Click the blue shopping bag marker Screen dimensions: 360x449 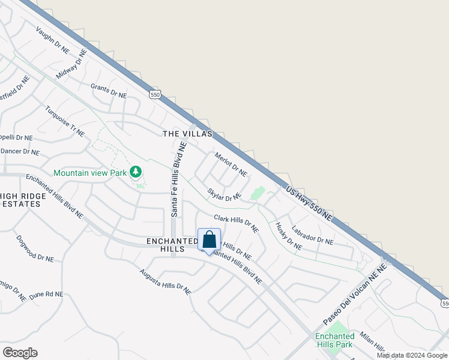[209, 241]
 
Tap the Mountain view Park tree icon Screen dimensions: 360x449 [136, 173]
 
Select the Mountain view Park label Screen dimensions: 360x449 [90, 173]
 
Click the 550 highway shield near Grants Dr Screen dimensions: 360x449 [155, 95]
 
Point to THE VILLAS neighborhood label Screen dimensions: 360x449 [187, 134]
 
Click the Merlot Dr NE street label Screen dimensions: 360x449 [231, 164]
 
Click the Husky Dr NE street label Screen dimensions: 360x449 [288, 236]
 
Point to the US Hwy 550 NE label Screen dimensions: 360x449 [309, 205]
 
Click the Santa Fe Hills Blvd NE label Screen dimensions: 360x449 [178, 179]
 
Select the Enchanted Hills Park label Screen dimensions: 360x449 [334, 340]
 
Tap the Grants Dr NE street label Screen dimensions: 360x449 [109, 91]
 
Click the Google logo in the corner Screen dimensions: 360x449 [20, 353]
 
